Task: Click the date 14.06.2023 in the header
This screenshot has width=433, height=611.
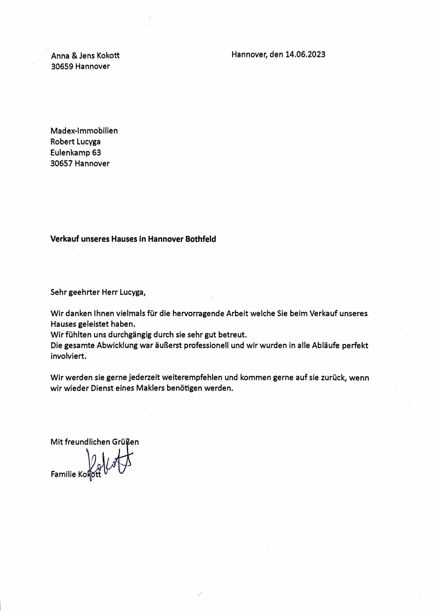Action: click(305, 54)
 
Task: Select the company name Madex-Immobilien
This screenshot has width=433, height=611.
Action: click(84, 131)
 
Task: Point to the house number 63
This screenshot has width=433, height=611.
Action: click(97, 153)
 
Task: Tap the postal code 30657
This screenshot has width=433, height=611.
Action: click(62, 164)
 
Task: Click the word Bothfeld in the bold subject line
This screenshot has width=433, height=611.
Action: click(201, 239)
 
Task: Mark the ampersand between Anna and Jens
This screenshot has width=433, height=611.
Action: click(74, 56)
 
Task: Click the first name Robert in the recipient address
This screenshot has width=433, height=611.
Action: click(62, 142)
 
